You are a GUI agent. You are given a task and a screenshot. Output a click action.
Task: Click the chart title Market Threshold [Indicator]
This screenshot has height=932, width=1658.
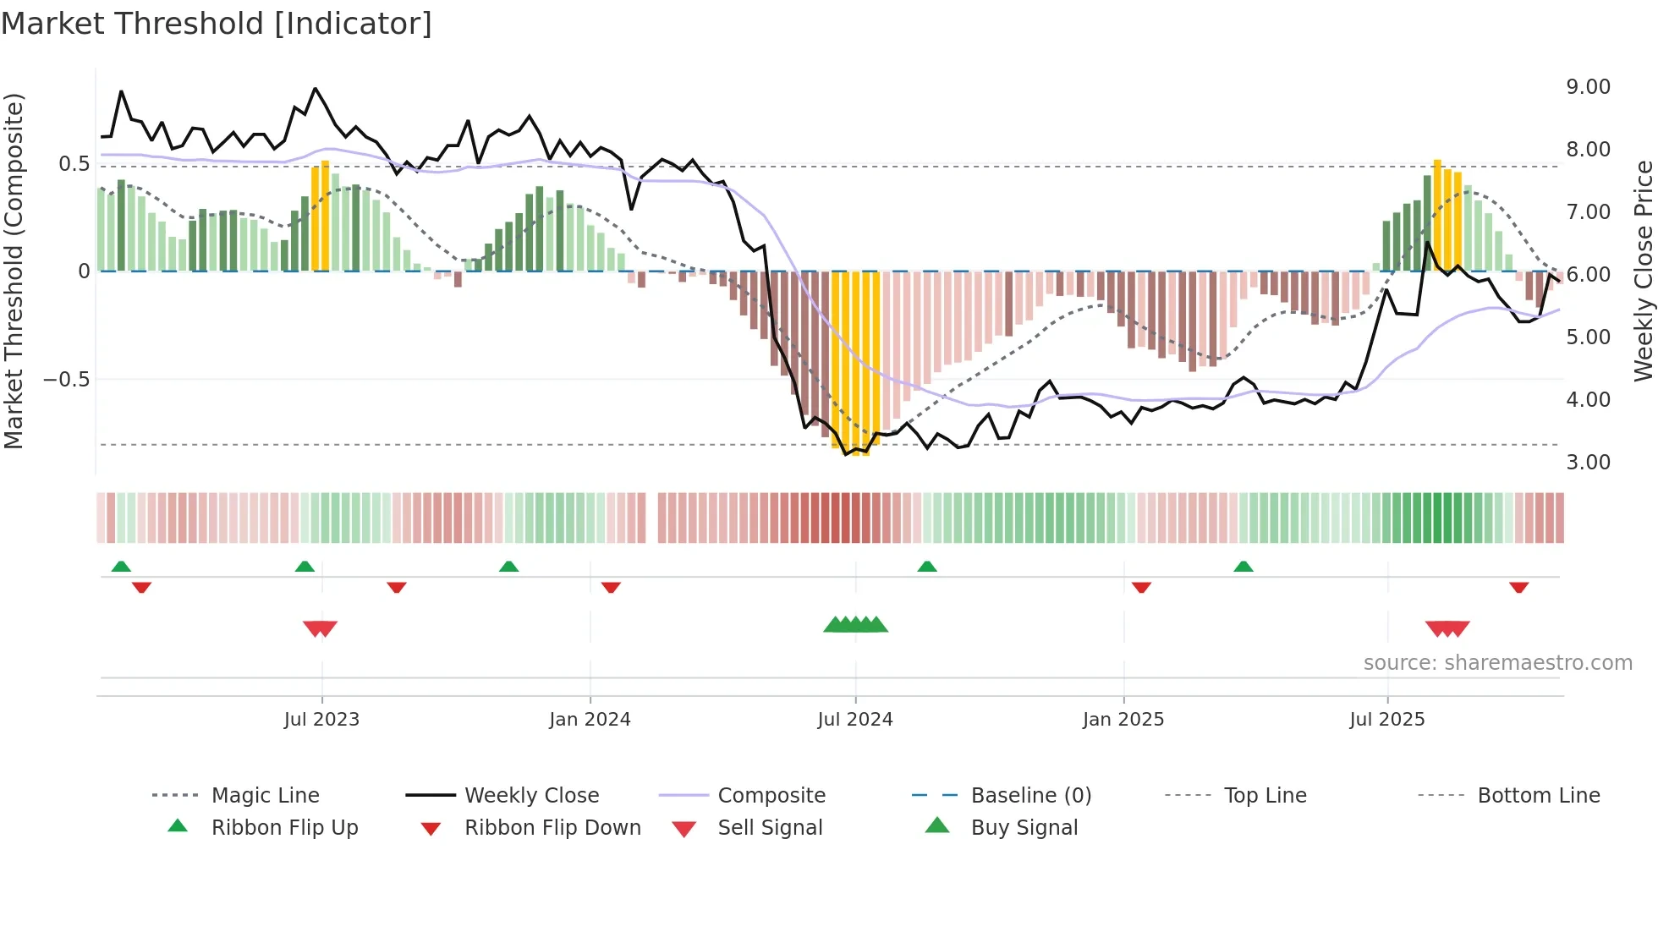217,24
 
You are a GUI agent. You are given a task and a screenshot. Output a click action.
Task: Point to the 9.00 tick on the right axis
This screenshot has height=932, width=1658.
1588,87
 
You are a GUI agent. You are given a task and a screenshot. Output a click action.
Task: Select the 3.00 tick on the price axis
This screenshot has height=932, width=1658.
1588,463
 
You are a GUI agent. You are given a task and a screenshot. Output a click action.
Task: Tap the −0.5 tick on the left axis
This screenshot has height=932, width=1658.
66,380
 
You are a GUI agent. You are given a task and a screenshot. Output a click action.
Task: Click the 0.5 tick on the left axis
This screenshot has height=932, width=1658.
74,164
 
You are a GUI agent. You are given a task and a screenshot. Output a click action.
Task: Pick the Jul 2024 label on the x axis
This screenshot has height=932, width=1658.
854,720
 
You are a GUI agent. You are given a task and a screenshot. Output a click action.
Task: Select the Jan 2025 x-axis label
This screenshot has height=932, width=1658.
1123,720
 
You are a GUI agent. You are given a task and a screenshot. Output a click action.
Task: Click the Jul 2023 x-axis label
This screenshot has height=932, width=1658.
321,720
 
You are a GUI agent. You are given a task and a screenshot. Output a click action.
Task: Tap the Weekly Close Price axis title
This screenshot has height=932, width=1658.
1643,271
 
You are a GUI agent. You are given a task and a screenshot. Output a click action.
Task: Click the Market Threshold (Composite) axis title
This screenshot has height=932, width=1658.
14,271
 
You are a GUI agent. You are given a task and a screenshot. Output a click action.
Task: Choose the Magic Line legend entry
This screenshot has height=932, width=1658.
265,796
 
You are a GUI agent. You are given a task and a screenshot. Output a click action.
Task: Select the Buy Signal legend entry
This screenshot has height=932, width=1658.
1024,828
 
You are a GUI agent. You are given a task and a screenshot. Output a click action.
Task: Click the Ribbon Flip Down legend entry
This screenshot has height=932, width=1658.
552,828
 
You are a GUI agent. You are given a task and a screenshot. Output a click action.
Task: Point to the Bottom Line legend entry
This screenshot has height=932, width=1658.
1538,796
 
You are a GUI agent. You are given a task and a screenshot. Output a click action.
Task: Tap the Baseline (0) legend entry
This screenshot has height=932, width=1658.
1030,796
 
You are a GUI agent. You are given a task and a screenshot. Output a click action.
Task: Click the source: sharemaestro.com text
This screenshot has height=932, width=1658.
1497,663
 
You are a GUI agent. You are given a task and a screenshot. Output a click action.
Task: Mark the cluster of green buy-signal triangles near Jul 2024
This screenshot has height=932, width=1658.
855,625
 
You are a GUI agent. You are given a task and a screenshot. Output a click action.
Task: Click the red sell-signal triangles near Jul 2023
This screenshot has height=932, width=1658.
320,628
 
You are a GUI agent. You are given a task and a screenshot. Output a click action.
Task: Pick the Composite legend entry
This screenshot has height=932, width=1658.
771,796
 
